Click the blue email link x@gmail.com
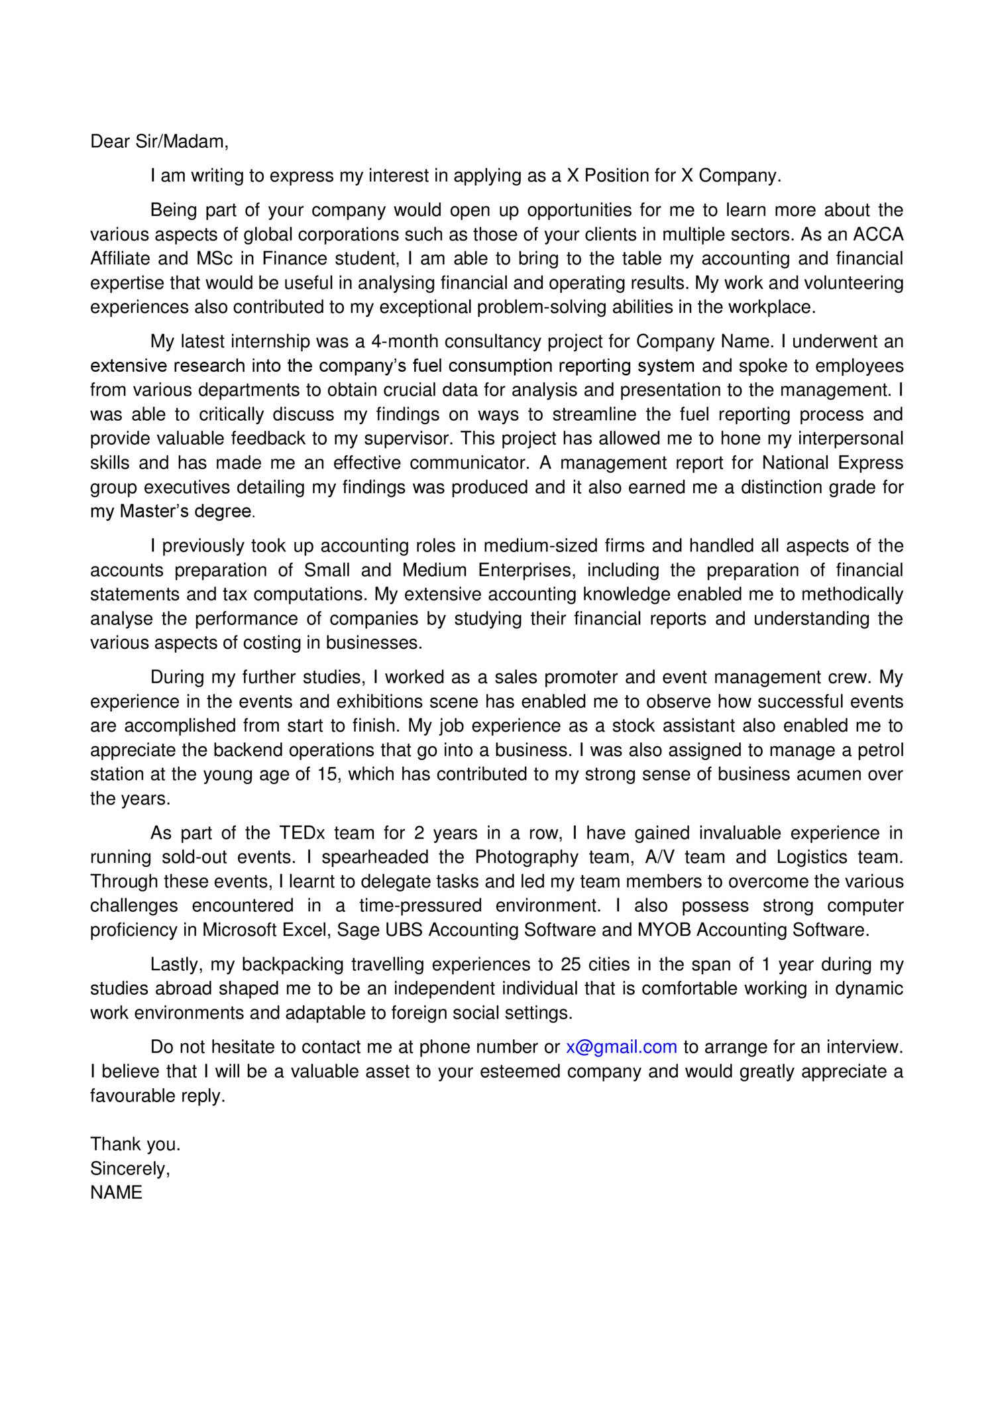point(621,1047)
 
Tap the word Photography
point(527,858)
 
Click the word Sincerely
point(130,1168)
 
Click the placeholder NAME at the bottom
point(116,1193)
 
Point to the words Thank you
point(135,1145)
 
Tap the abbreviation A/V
point(659,858)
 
